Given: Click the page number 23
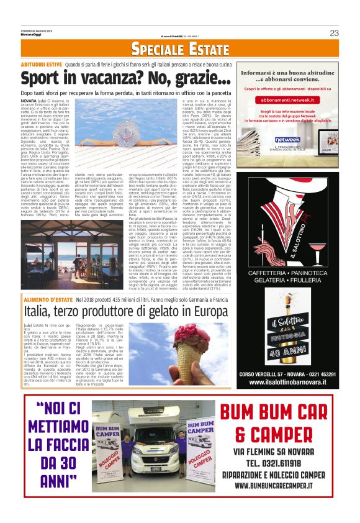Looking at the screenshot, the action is click(x=334, y=33).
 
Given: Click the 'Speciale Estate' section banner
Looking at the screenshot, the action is click(x=180, y=50).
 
